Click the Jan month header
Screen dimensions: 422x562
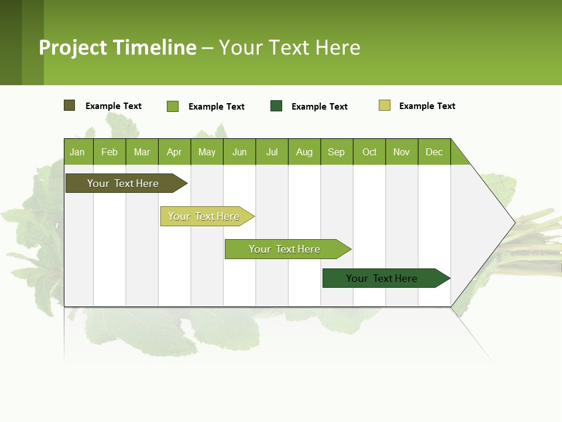[78, 152]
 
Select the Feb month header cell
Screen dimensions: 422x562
[109, 152]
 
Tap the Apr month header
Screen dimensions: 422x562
[174, 152]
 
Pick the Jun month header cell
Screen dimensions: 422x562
[239, 152]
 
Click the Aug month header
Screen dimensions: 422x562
[304, 152]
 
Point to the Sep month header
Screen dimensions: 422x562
[337, 152]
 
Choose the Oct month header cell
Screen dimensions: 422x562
[369, 152]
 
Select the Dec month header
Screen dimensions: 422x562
[434, 152]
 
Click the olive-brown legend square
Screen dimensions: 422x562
[70, 105]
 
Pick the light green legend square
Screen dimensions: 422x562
[173, 106]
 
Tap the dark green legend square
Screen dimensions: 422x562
[276, 106]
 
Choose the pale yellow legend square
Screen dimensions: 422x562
[385, 105]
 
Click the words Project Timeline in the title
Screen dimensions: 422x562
[118, 47]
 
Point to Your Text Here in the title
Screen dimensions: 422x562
[290, 47]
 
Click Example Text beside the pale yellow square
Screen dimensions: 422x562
[427, 106]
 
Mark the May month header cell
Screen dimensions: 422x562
[207, 152]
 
